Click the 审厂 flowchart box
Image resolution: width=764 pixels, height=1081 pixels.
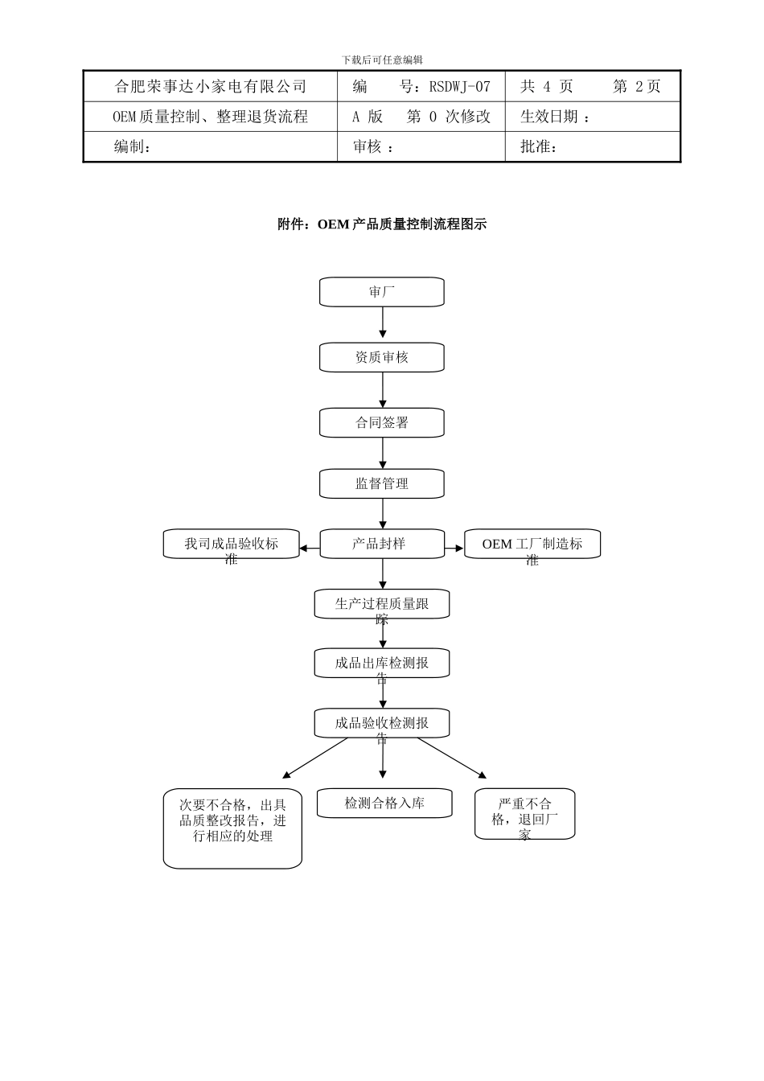point(382,291)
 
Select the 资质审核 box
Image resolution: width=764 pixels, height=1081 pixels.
point(382,357)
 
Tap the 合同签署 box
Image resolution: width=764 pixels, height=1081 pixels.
point(382,423)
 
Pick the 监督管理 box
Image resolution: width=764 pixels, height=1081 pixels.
point(382,483)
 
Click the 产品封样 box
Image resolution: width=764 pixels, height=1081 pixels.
point(382,544)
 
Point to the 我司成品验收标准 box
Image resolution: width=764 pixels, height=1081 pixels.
point(231,544)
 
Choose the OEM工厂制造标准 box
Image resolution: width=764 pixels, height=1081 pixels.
point(532,544)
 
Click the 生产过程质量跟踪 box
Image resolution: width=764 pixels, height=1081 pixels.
point(382,604)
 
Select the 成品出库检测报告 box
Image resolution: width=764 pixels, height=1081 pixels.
point(382,663)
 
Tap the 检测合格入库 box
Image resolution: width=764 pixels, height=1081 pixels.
point(384,803)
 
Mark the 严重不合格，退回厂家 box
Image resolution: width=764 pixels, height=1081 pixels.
point(524,814)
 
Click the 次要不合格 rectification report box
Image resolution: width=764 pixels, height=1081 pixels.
point(232,828)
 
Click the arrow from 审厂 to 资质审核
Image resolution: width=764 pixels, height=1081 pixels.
point(383,322)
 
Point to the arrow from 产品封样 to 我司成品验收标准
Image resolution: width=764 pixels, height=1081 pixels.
point(310,549)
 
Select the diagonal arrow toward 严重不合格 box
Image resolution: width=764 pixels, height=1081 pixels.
point(452,758)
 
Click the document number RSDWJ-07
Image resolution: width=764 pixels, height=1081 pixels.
point(459,86)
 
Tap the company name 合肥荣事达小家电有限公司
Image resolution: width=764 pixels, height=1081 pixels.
point(211,86)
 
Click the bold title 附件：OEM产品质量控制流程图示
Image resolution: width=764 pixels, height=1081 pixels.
point(382,224)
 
